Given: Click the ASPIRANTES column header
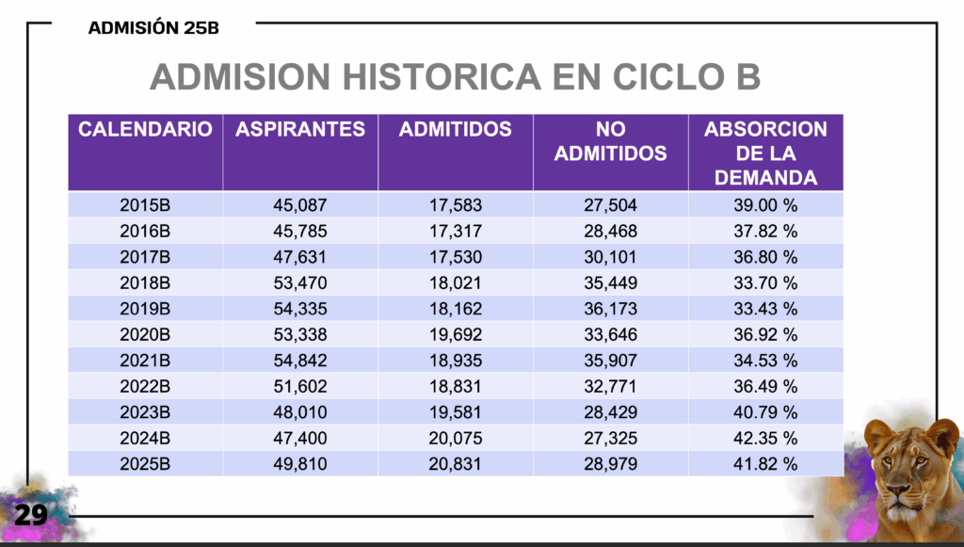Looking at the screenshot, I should click(300, 130).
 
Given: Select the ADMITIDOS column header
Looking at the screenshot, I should click(456, 130).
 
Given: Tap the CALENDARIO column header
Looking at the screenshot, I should click(145, 130).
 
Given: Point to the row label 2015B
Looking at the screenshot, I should click(145, 205).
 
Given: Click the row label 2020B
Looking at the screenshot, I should click(145, 334).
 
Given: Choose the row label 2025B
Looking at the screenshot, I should click(145, 463).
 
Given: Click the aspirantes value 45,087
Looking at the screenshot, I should click(300, 205).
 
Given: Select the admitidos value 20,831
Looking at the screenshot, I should click(456, 463).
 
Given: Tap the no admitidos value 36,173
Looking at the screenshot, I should click(610, 309).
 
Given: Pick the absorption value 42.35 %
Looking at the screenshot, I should click(765, 438).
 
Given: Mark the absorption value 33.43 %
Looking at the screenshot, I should click(765, 309).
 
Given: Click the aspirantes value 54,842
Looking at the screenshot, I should click(300, 361).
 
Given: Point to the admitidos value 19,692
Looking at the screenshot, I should click(456, 334).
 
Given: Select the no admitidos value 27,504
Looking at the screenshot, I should click(610, 205).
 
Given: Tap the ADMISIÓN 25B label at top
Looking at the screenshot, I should click(153, 27).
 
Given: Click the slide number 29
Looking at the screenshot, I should click(30, 514).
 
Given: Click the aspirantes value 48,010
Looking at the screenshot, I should click(300, 411).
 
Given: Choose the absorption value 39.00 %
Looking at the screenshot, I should click(765, 205).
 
